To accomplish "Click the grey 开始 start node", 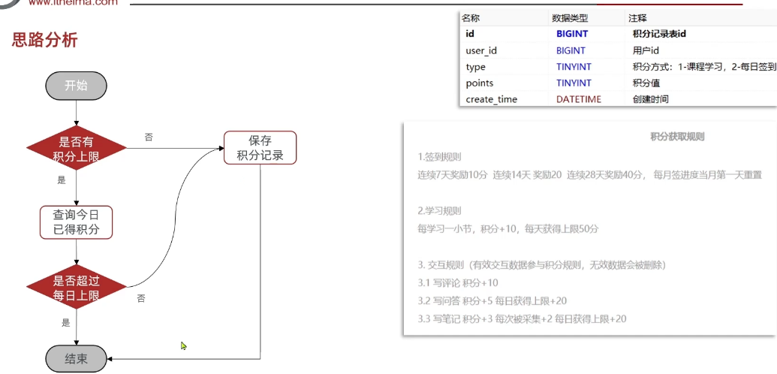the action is coord(76,86).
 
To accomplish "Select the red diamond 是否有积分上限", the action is coord(76,148).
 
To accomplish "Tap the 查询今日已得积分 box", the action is coord(76,221).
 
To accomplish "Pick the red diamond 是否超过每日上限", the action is coord(76,288).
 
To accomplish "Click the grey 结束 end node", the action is coord(76,359).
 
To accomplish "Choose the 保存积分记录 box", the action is coord(260,147).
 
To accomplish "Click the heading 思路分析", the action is coord(45,40).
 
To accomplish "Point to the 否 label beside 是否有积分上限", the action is coord(149,137).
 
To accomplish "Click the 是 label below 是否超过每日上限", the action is coord(65,323).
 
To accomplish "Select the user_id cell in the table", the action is coord(481,50).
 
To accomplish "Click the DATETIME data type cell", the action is coord(578,99).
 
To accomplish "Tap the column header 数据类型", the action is coord(570,18).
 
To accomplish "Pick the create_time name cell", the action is coord(491,99).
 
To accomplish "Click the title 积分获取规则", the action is coord(677,137).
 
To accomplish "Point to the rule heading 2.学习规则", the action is coord(439,210).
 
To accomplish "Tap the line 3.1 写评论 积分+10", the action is coord(458,282).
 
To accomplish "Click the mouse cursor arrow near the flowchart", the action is coord(183,345).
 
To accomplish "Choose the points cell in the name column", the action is coord(480,83).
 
